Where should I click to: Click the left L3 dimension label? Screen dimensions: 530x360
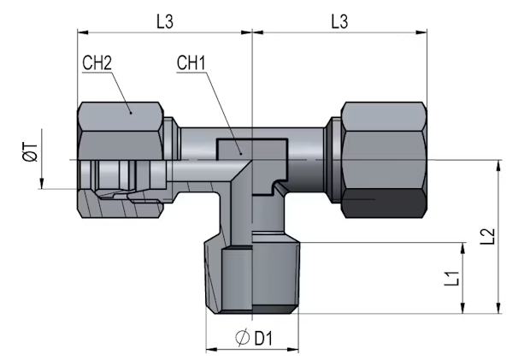click(x=165, y=21)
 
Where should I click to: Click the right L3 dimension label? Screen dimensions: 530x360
click(x=339, y=21)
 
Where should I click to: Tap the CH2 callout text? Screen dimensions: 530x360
click(x=97, y=63)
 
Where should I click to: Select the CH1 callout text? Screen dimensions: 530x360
click(x=191, y=63)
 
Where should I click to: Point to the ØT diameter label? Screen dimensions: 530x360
click(x=31, y=151)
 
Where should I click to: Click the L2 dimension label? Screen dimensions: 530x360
click(x=488, y=236)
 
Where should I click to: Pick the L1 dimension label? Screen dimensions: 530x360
click(x=451, y=279)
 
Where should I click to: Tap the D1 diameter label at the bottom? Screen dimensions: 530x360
click(x=263, y=338)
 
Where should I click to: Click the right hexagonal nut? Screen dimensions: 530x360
click(x=384, y=160)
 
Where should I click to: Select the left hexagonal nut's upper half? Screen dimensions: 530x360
click(x=121, y=131)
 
